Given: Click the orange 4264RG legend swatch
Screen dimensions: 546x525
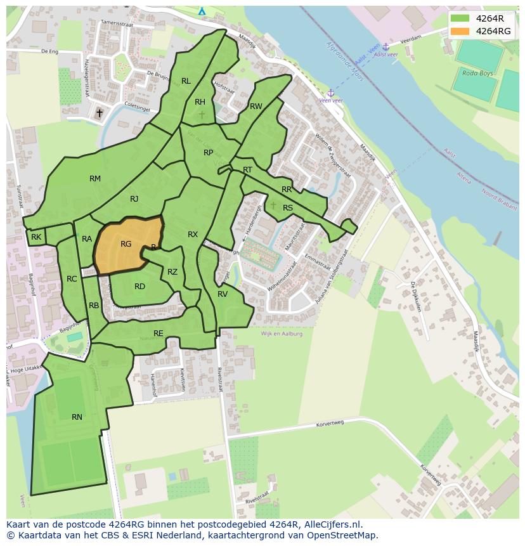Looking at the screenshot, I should [x=460, y=31].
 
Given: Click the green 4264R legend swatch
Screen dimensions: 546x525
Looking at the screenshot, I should [x=460, y=18].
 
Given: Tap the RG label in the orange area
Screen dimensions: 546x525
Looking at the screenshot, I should [x=126, y=244].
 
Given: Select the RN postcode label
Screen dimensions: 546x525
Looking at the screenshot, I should [x=77, y=417].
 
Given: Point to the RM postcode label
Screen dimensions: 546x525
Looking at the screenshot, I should [x=95, y=179].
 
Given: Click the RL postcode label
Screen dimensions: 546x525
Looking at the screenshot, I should [x=186, y=81].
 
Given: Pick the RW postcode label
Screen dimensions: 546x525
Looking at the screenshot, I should [x=256, y=107].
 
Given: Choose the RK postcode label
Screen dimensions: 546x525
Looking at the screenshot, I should [x=36, y=237].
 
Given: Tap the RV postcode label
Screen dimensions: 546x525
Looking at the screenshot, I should [x=223, y=294].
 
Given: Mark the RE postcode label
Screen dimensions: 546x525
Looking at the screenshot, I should [x=159, y=334].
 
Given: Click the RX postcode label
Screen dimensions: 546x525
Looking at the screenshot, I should [x=193, y=235].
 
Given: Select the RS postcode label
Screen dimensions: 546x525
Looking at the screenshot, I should [x=288, y=208].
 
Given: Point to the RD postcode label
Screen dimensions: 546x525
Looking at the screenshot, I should [x=139, y=287].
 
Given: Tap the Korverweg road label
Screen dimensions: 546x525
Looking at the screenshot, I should [x=329, y=422].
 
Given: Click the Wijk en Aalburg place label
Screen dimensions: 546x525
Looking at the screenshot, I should [x=282, y=334].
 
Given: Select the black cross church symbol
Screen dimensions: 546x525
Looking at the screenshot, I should [x=99, y=114].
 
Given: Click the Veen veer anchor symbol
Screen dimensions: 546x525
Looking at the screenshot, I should [x=330, y=93].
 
